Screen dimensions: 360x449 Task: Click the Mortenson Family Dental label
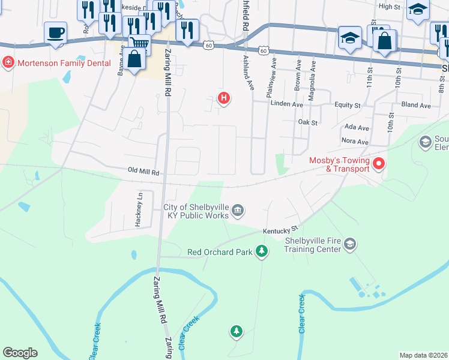coord(64,63)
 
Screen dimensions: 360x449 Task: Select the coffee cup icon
coord(56,32)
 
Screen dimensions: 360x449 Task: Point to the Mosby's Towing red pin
coord(379,163)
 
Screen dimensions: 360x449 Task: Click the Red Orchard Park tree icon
coord(261,251)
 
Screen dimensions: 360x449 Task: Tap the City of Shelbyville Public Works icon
coord(238,210)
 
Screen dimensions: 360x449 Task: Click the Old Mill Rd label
coord(144,172)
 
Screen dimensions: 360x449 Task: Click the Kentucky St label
coord(280,230)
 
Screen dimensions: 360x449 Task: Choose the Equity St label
coord(348,106)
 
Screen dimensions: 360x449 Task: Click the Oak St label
coord(307,122)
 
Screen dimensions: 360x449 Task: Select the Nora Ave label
coord(355,142)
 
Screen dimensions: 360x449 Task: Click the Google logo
coord(20,353)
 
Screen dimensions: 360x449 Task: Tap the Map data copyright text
coord(423,355)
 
